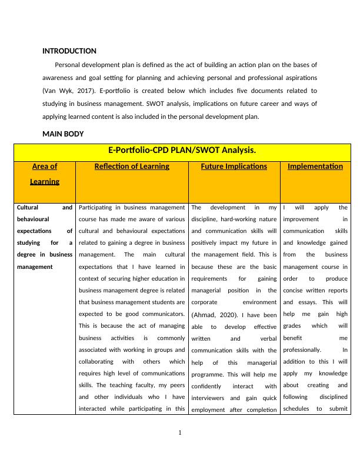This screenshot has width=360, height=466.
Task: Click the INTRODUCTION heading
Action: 69,51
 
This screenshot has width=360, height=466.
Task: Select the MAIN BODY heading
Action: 63,134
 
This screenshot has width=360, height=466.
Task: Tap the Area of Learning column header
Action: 45,174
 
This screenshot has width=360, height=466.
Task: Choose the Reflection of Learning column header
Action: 132,167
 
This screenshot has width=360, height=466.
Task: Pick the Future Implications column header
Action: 234,167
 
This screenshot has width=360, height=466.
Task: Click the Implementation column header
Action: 315,167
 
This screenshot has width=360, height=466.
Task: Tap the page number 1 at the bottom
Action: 180,434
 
